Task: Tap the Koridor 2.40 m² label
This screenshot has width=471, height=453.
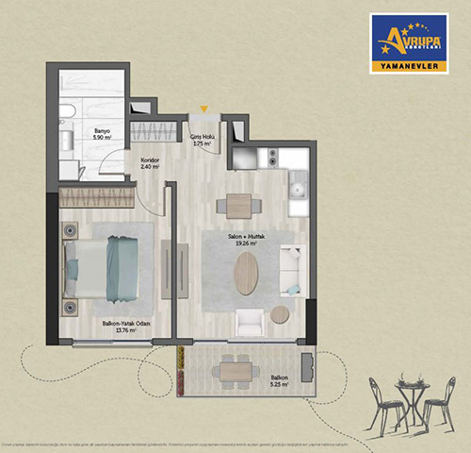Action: (x=151, y=163)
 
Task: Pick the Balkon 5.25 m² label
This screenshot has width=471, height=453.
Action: (x=276, y=382)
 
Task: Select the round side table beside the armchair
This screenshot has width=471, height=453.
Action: (x=279, y=314)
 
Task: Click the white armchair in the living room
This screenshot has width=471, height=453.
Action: (x=249, y=323)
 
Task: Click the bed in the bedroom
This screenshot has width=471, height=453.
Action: (x=106, y=267)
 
